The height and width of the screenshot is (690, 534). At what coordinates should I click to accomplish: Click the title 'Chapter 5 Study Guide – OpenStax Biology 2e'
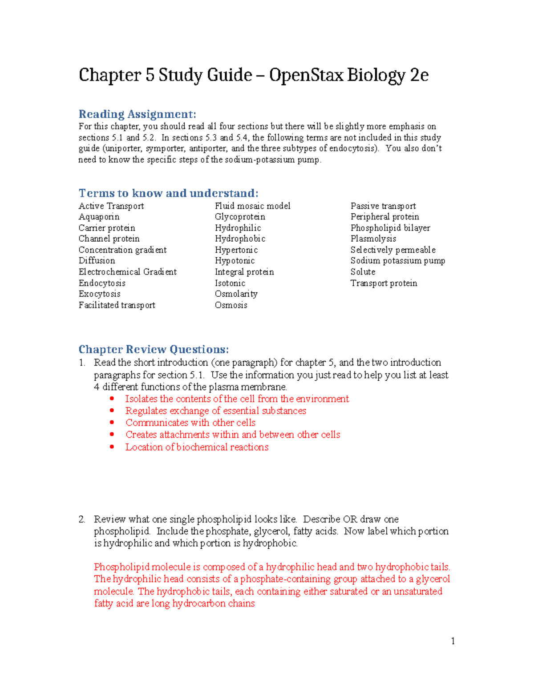click(x=253, y=75)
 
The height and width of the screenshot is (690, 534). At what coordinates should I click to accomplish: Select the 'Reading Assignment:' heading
click(x=137, y=114)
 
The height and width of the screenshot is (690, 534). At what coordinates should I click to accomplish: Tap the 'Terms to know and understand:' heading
click(x=168, y=193)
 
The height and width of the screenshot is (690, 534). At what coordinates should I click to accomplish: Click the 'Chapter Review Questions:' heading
click(x=154, y=349)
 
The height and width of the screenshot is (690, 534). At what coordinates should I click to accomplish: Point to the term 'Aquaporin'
click(x=99, y=217)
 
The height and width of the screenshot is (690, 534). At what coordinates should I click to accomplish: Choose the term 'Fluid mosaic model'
click(x=252, y=206)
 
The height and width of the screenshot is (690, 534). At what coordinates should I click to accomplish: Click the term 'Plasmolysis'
click(x=373, y=239)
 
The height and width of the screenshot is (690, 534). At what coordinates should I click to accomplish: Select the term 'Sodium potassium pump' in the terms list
click(x=397, y=261)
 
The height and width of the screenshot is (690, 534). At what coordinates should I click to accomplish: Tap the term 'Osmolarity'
click(x=236, y=294)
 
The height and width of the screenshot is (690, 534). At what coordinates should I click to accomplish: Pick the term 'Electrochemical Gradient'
click(x=127, y=272)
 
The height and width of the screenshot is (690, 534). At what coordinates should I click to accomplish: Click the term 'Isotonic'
click(x=230, y=283)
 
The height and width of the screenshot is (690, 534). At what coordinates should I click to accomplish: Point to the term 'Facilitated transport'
click(x=117, y=305)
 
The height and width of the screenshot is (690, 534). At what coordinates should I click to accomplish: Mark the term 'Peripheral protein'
click(x=384, y=217)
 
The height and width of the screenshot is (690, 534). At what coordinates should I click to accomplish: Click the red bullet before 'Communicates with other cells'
click(x=112, y=423)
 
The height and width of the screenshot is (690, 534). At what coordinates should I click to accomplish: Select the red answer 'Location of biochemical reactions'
click(x=197, y=447)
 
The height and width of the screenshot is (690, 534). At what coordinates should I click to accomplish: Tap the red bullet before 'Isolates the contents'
click(x=112, y=399)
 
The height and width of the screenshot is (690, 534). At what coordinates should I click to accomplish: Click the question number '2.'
click(x=82, y=519)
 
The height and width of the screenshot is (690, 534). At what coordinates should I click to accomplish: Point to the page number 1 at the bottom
click(x=453, y=641)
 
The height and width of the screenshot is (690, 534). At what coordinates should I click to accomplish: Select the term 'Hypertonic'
click(x=236, y=250)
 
